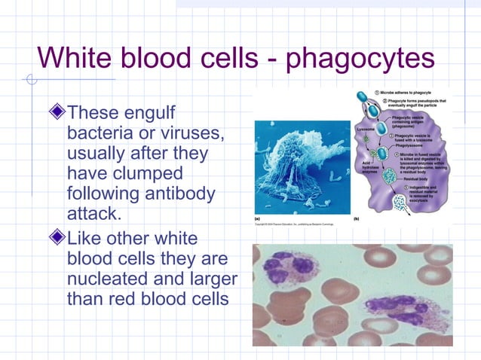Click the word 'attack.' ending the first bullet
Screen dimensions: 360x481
coord(93,213)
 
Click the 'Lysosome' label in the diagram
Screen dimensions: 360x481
coord(366,130)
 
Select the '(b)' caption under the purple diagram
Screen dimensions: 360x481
coord(357,218)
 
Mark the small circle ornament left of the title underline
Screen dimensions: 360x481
coord(29,79)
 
